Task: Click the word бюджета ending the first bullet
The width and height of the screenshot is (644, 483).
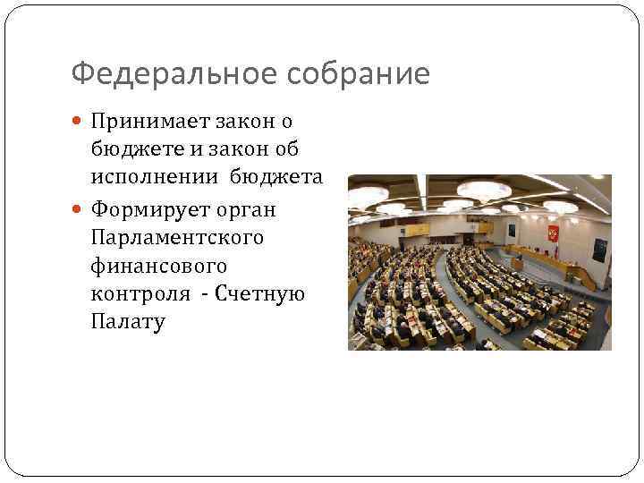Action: point(278,177)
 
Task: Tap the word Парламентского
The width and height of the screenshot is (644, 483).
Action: point(175,238)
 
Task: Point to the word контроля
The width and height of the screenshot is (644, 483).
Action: point(140,293)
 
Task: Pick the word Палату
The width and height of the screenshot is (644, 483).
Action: point(128,321)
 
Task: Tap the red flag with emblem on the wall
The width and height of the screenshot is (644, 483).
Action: point(552,233)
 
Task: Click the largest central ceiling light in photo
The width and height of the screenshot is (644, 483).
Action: point(484,190)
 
